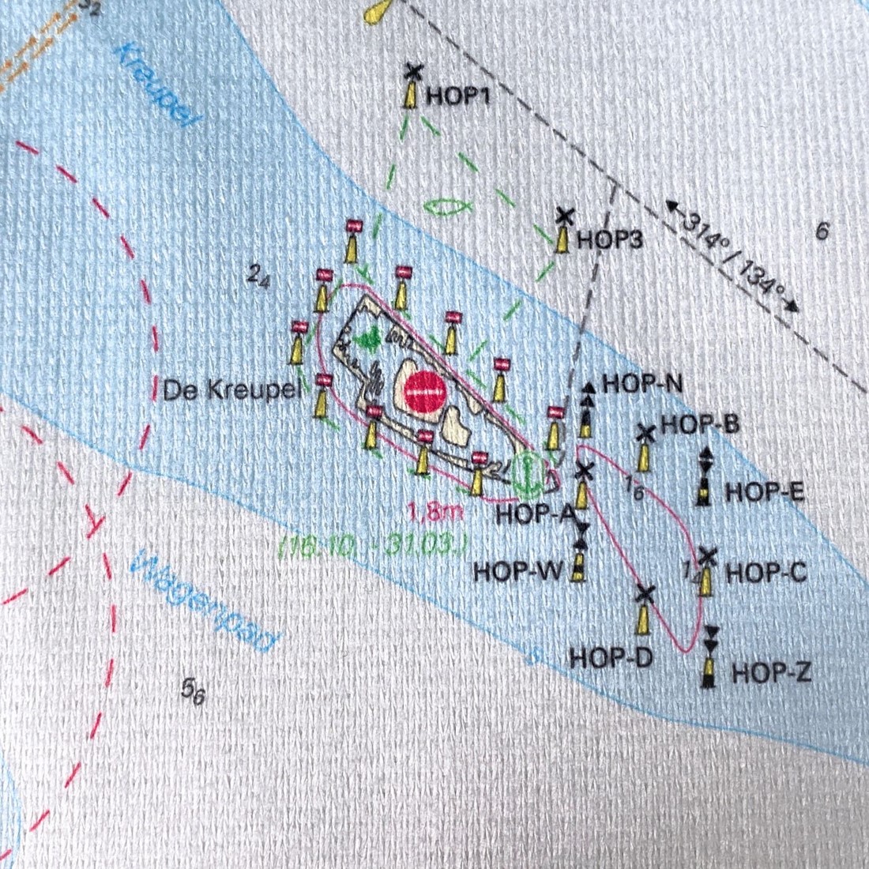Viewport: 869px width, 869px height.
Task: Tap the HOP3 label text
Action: (x=610, y=239)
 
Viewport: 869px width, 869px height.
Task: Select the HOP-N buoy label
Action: (x=642, y=384)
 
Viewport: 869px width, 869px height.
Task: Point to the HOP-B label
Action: (x=700, y=424)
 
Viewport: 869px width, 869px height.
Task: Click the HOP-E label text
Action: (x=764, y=492)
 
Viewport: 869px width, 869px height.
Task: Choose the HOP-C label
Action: (x=766, y=572)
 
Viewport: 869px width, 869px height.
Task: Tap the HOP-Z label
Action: (x=771, y=673)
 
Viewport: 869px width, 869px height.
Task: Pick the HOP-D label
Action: (x=611, y=657)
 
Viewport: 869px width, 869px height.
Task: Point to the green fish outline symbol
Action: (x=447, y=207)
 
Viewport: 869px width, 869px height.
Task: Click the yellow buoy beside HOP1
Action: (x=411, y=93)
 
